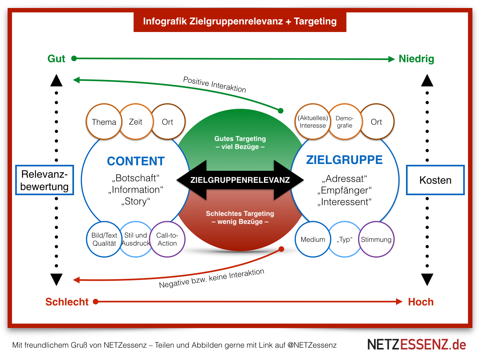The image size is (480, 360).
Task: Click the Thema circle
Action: [x=104, y=122]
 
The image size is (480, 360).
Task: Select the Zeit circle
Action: [x=136, y=122]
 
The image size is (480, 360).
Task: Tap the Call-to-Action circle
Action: [x=167, y=239]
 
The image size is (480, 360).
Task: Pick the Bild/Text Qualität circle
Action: [x=104, y=239]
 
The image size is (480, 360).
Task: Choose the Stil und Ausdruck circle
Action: [x=136, y=239]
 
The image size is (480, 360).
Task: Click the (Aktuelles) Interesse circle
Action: [x=313, y=122]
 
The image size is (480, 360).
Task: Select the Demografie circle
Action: [x=344, y=122]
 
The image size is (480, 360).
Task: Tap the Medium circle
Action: [x=313, y=240]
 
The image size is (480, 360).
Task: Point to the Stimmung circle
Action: [x=376, y=240]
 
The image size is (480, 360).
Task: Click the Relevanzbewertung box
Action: [x=44, y=180]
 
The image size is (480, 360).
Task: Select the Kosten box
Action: [x=435, y=180]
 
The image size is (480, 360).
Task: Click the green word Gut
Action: [x=56, y=59]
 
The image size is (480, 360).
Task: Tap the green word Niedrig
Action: [x=416, y=59]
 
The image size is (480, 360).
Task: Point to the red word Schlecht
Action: [x=67, y=302]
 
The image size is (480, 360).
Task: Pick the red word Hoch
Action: [x=421, y=302]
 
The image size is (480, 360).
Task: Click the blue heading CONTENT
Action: [x=136, y=161]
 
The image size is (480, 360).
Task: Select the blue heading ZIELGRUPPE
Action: [x=344, y=160]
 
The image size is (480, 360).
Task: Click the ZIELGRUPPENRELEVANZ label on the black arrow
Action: [x=240, y=180]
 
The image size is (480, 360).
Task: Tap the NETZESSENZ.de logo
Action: [x=417, y=344]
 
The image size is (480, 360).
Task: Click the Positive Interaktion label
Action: [x=214, y=84]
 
